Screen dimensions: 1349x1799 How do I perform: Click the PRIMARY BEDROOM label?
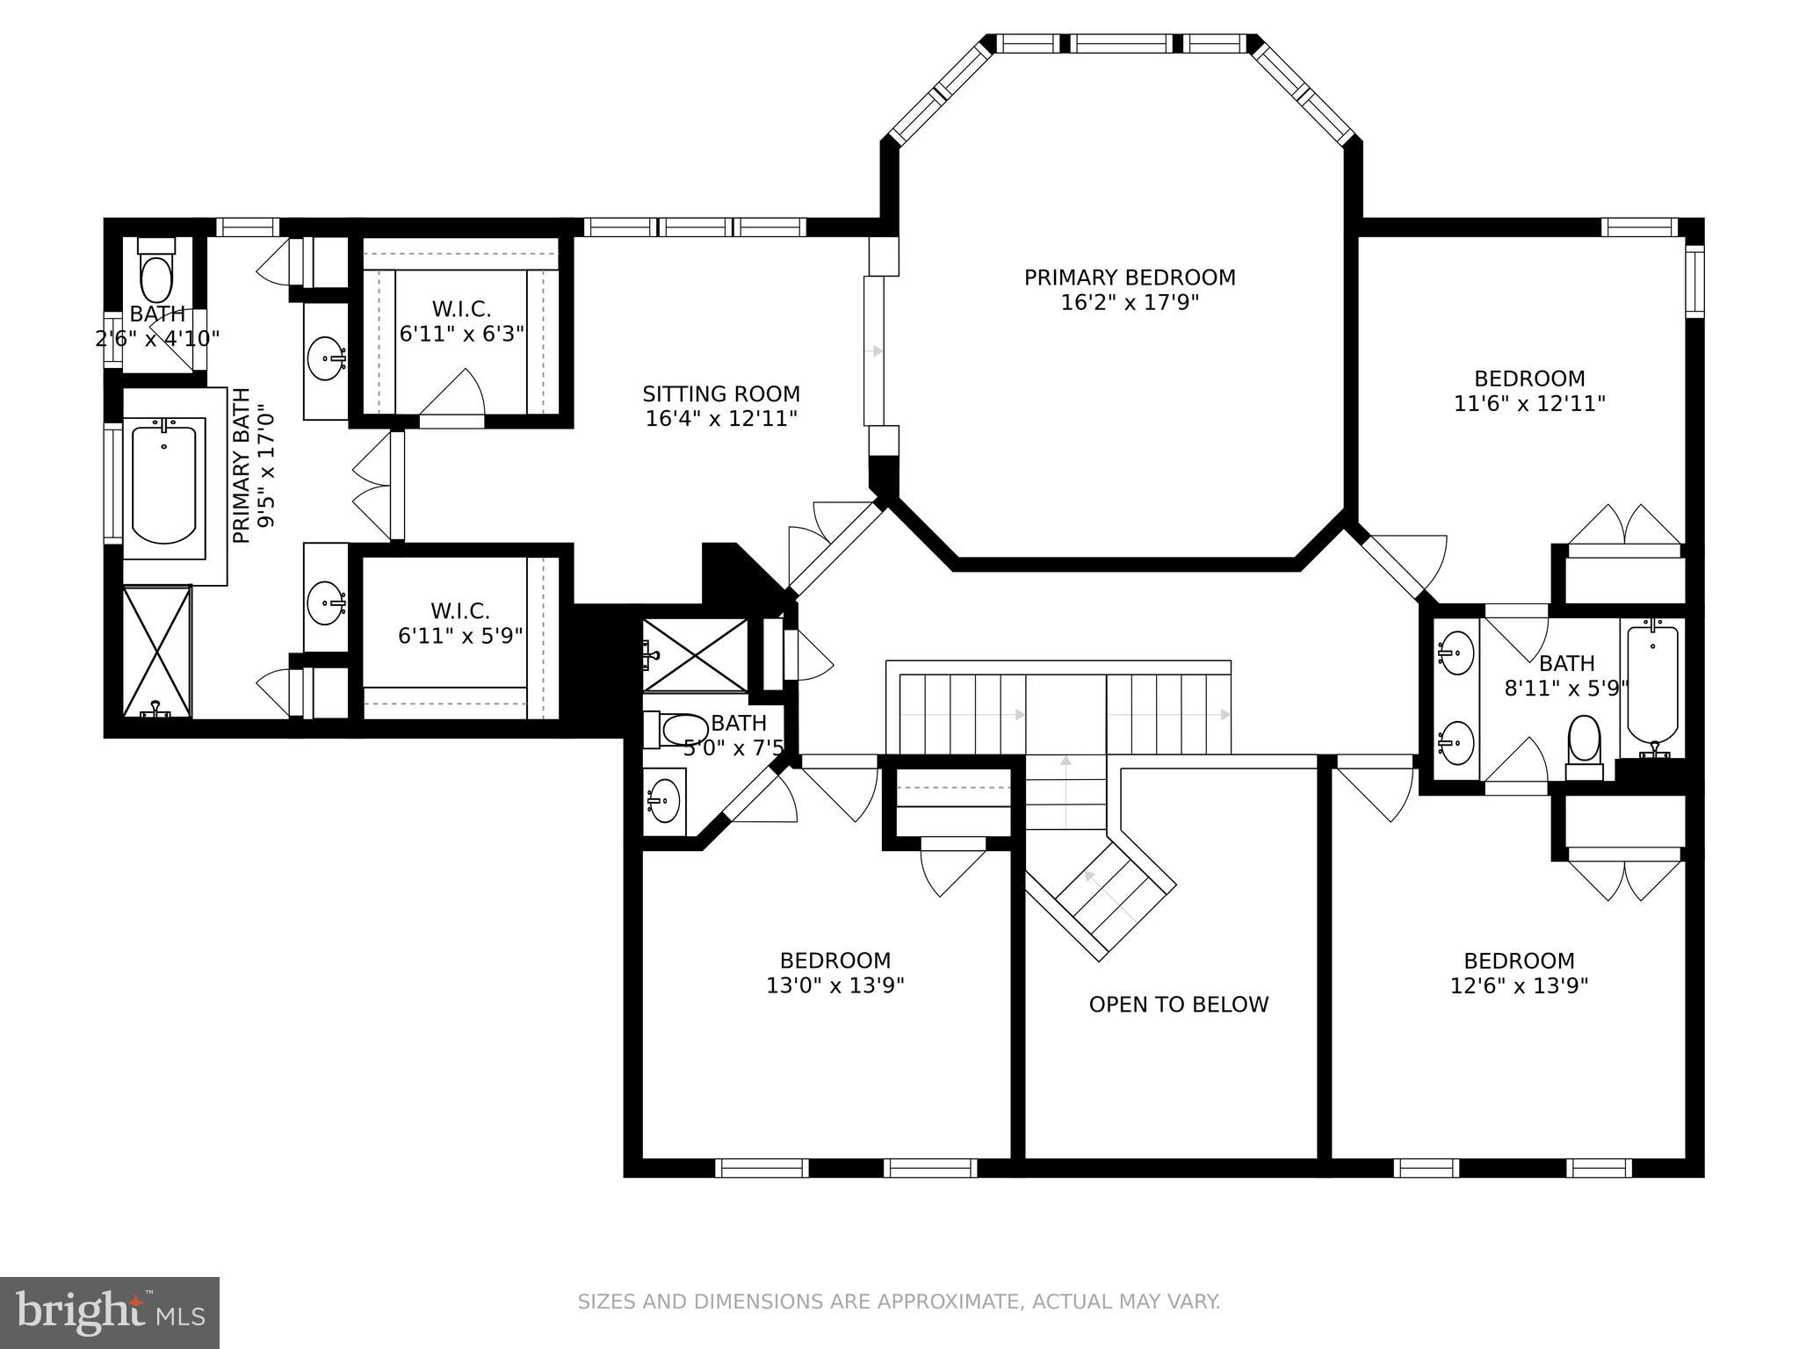(1130, 278)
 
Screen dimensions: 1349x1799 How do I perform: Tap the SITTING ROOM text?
(720, 394)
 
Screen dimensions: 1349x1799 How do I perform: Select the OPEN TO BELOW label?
(1178, 1005)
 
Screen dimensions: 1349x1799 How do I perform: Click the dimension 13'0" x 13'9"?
(835, 985)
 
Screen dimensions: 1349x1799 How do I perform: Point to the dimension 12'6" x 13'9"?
(1519, 985)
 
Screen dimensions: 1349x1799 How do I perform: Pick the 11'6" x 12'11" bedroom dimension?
(1529, 404)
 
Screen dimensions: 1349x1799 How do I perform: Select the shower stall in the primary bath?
(156, 652)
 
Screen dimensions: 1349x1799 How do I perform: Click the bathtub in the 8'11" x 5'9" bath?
(1652, 685)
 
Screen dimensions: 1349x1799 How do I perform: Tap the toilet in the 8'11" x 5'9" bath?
(1584, 742)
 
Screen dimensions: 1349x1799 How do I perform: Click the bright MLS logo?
(109, 1311)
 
